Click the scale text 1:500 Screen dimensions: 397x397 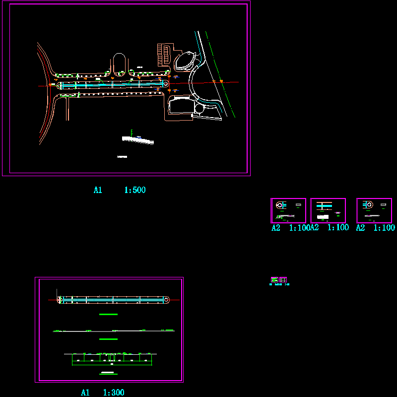coord(134,190)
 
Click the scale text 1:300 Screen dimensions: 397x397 coord(114,393)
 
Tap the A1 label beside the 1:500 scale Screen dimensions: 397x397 coord(98,190)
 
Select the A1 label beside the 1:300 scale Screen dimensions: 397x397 coord(85,393)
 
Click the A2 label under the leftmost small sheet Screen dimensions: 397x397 coord(276,228)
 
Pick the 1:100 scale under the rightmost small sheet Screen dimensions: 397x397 coord(384,228)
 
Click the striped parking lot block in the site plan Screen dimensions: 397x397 coord(163,54)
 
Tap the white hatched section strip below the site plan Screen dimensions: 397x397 coord(138,140)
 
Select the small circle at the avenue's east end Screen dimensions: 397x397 coord(166,84)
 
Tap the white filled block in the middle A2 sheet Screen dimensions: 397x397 coord(323,216)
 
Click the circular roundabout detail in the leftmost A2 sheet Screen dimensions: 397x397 coord(280,204)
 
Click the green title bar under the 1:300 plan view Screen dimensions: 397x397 coord(108,314)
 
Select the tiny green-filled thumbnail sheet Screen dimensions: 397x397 coord(274,280)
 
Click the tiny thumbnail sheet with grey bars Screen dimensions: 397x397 coord(283,280)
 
